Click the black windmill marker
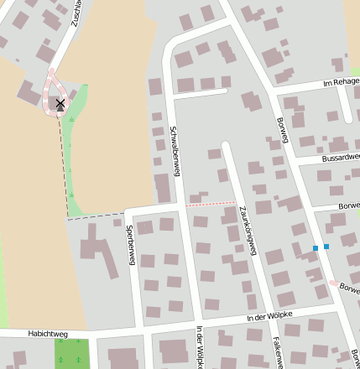click(60, 104)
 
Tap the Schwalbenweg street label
click(175, 151)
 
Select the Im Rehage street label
click(341, 83)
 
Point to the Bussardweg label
click(341, 157)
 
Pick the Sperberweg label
click(130, 245)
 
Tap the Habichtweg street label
click(48, 334)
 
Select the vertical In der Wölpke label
click(200, 346)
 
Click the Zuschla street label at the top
click(76, 12)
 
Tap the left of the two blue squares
click(316, 248)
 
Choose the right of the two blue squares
click(326, 247)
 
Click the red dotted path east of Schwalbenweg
click(210, 204)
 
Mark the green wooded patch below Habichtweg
click(72, 353)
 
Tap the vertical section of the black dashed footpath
click(64, 168)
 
